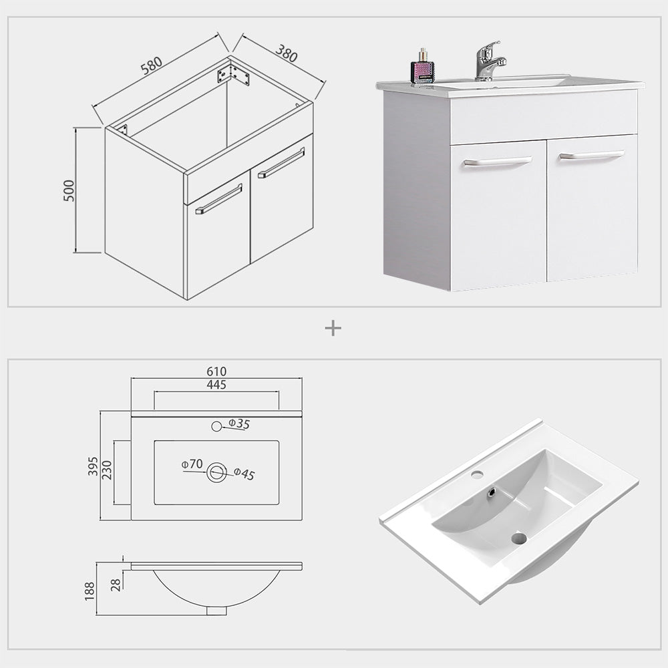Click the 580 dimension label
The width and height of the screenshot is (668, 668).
[x=152, y=65]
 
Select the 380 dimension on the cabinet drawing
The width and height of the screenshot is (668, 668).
[x=286, y=53]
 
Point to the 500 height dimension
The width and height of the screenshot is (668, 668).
[x=69, y=190]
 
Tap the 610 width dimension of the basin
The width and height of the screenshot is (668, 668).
[x=216, y=371]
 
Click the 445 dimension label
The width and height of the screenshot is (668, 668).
[x=216, y=384]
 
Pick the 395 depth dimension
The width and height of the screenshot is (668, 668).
[x=93, y=466]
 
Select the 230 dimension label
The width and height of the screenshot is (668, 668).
[x=106, y=470]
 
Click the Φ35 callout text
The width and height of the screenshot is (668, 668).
[x=239, y=424]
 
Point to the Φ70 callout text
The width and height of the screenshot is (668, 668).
[x=192, y=464]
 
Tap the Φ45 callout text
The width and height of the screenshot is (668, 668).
[x=244, y=474]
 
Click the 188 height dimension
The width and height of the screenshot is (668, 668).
[x=90, y=591]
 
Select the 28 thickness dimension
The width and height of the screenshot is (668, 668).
[x=116, y=584]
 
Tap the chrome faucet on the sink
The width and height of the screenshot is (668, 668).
[x=490, y=61]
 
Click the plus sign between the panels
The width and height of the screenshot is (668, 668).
[x=333, y=329]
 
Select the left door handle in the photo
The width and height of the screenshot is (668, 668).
[x=498, y=161]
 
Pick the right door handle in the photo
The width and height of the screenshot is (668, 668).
[x=591, y=155]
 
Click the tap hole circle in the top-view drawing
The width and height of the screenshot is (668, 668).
[x=216, y=426]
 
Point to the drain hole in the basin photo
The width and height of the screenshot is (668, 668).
[x=519, y=538]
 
